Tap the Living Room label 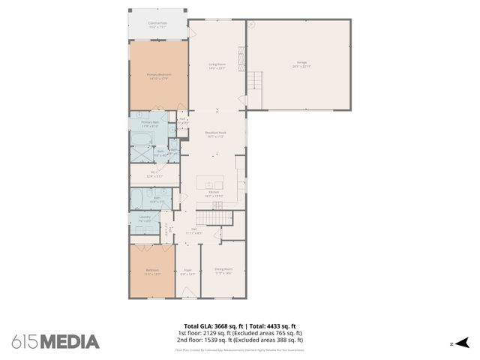click(x=217, y=66)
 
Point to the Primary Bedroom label click(x=157, y=76)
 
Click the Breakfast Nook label click(x=216, y=135)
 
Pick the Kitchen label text click(x=214, y=193)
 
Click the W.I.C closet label click(x=153, y=174)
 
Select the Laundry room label click(x=145, y=219)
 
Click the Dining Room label click(x=223, y=271)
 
